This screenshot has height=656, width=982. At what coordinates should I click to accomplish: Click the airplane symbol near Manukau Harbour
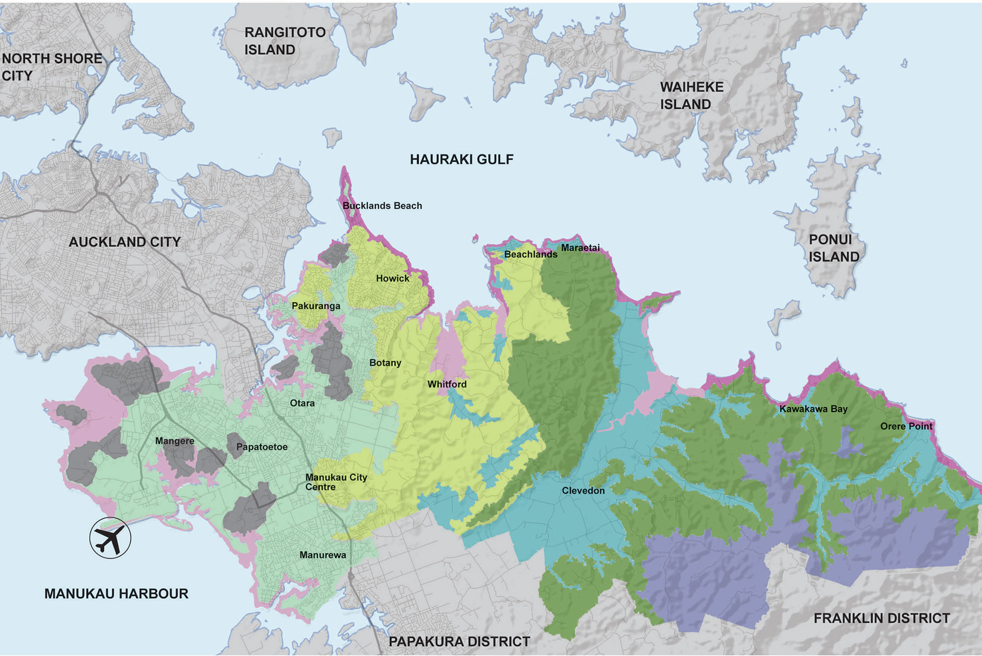point(110,538)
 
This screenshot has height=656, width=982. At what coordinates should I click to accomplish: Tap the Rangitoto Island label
point(285,41)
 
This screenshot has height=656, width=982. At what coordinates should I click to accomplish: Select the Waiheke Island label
point(692,96)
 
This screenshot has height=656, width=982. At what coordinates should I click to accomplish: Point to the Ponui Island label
point(833,248)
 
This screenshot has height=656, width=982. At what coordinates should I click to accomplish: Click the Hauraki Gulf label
point(461,160)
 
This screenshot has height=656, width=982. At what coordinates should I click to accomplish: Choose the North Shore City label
point(51,67)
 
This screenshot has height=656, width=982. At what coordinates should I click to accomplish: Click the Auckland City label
point(124,242)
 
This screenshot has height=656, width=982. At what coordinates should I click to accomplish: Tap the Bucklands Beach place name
point(382,206)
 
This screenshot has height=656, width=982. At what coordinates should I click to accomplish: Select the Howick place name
point(392,278)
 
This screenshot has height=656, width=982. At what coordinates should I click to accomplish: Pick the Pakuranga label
point(316,306)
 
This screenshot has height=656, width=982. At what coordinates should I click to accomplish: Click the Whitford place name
point(447,384)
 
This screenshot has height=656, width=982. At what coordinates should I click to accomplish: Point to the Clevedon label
point(583,490)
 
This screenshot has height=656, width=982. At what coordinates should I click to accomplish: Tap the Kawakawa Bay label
point(813,409)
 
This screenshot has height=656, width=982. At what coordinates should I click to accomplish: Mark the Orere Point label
point(906,426)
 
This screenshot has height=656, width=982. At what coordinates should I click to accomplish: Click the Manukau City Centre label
point(336,482)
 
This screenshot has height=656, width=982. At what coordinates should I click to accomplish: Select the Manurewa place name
point(322,555)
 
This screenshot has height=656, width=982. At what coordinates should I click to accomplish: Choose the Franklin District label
point(881,618)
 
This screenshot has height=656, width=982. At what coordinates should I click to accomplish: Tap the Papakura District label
point(459,641)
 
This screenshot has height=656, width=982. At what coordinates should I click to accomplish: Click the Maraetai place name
point(580,247)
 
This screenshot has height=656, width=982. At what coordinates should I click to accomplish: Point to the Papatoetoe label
point(261,447)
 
